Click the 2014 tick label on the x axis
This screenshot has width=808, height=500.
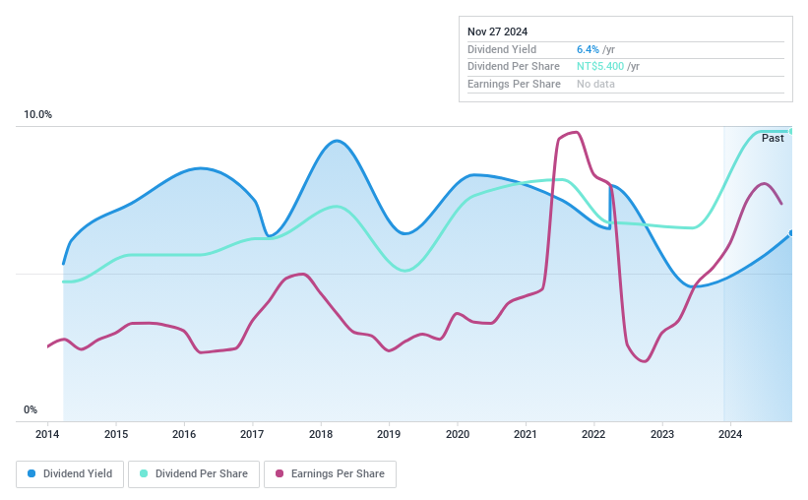(48, 434)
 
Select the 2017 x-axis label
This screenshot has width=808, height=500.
(252, 434)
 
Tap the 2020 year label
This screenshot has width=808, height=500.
(457, 434)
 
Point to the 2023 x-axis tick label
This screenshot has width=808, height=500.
(661, 434)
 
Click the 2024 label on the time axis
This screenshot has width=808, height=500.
(729, 434)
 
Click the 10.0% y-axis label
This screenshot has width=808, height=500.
(38, 115)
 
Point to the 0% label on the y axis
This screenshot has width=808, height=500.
(31, 410)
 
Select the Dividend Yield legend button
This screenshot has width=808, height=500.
(70, 473)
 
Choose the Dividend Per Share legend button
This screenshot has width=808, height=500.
(195, 473)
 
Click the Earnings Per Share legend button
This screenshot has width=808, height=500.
(330, 473)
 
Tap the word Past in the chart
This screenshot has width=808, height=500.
(773, 139)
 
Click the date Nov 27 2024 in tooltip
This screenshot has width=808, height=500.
(497, 31)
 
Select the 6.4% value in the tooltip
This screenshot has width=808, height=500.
(588, 49)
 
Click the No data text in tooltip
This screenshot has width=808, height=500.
(596, 85)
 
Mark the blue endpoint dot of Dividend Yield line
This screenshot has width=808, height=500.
(790, 233)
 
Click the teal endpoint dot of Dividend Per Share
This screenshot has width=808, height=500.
(790, 131)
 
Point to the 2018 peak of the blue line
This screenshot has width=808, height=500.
(338, 141)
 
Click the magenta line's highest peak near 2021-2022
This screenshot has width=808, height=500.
(575, 132)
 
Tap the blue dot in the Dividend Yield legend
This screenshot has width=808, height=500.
(31, 473)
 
